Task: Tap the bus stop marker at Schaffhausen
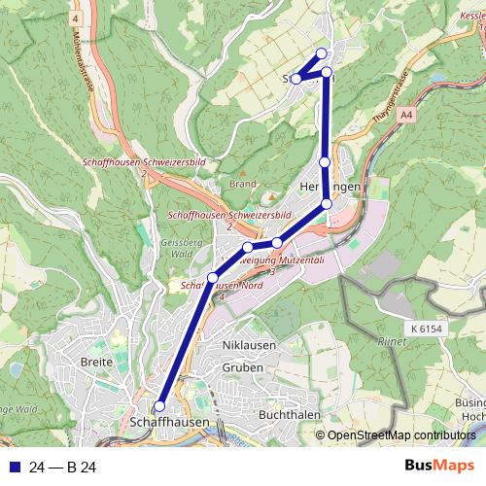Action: (159, 406)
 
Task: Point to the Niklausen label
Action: (249, 345)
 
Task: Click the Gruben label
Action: (242, 368)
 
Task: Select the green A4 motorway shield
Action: (405, 115)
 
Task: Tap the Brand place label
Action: (243, 183)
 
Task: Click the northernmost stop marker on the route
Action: (323, 53)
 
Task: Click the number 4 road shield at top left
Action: (75, 18)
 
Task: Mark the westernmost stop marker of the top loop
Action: (295, 79)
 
